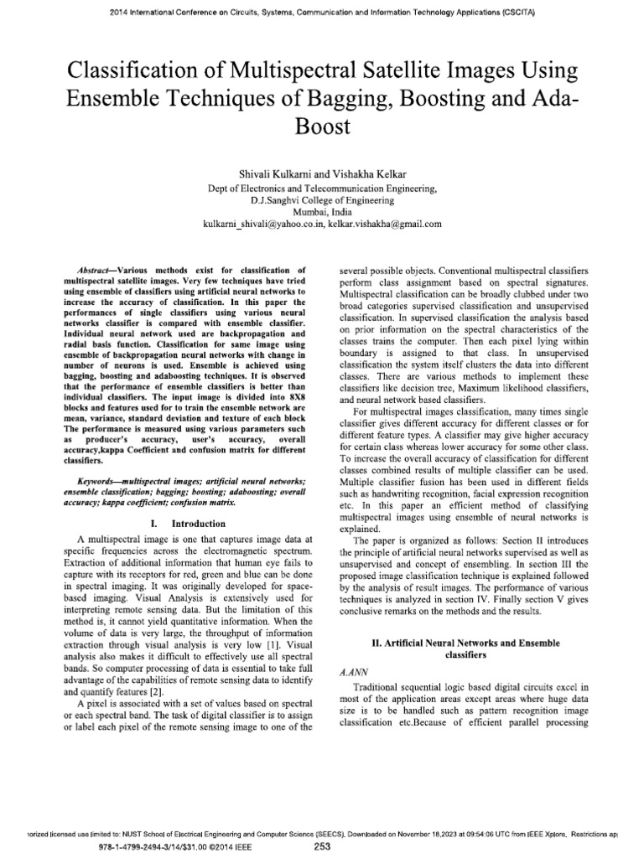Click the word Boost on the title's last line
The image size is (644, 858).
click(x=321, y=125)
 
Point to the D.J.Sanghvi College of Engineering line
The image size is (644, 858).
click(x=321, y=201)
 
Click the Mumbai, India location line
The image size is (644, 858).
click(x=321, y=213)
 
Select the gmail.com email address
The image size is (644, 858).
click(x=382, y=225)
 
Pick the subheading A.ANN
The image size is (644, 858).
click(x=350, y=671)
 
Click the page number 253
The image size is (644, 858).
click(x=322, y=847)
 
